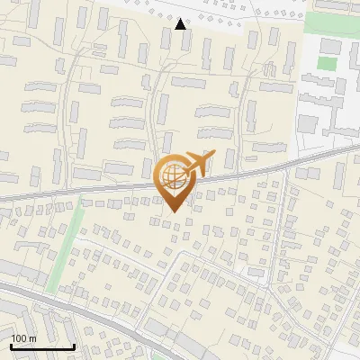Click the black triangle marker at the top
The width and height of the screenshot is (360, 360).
181,24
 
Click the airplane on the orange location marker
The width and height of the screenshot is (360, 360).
196,165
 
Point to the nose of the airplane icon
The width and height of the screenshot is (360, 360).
212,155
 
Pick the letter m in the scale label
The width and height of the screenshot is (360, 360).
31,338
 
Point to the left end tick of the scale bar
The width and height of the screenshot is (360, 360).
11,345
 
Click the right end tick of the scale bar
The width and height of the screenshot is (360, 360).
74,345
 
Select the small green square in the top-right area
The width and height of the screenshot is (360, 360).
325,64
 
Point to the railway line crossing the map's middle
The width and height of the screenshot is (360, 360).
90,191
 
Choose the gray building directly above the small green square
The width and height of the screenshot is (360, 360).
331,46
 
